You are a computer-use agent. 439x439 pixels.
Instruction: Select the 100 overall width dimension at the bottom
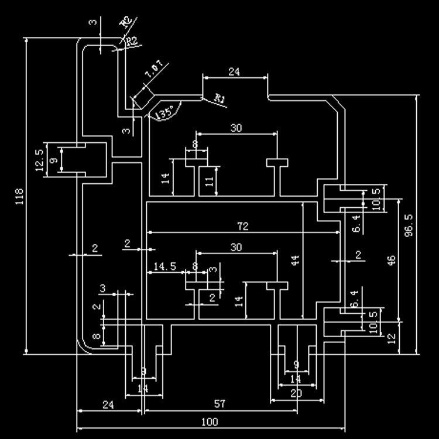pyautogui.click(x=210, y=421)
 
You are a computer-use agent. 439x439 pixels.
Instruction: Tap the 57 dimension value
pyautogui.click(x=220, y=404)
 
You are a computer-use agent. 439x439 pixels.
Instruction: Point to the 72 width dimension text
pyautogui.click(x=243, y=226)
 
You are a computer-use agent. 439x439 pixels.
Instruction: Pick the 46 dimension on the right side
pyautogui.click(x=392, y=259)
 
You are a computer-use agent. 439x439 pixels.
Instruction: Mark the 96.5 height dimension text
pyautogui.click(x=409, y=225)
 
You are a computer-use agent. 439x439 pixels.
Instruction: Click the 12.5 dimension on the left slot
pyautogui.click(x=39, y=160)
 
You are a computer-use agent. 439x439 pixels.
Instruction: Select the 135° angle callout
pyautogui.click(x=165, y=112)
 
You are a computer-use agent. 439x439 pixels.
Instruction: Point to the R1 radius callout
pyautogui.click(x=220, y=99)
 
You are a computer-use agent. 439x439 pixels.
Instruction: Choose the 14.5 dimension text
pyautogui.click(x=164, y=266)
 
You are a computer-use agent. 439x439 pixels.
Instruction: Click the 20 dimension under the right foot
pyautogui.click(x=296, y=393)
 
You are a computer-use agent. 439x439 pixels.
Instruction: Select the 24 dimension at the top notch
pyautogui.click(x=234, y=72)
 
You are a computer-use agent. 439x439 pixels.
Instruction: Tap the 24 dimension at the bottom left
pyautogui.click(x=108, y=404)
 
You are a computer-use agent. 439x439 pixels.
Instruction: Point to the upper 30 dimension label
pyautogui.click(x=236, y=128)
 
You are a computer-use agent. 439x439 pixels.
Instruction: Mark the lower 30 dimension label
pyautogui.click(x=236, y=247)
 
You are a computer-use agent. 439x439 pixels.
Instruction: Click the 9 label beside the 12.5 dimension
pyautogui.click(x=53, y=160)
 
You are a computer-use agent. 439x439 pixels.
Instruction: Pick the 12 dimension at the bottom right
pyautogui.click(x=392, y=338)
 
